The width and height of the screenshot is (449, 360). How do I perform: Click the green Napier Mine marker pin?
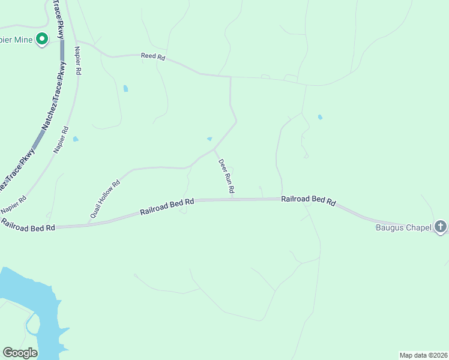(42, 40)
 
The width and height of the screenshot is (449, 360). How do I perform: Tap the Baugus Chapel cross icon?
(441, 227)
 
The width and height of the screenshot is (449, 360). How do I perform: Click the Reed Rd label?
(153, 56)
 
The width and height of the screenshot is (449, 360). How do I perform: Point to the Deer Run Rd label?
(226, 176)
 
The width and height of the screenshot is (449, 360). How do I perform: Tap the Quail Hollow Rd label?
(105, 199)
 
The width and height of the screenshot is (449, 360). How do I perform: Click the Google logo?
(20, 353)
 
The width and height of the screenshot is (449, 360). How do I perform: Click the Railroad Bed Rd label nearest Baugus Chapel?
(309, 200)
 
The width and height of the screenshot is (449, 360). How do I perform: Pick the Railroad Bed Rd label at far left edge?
(28, 225)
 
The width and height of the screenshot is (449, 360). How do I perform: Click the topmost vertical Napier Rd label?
(77, 60)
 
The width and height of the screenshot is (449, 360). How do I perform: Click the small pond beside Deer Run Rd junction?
(209, 139)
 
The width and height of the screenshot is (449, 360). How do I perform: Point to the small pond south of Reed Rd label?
(125, 89)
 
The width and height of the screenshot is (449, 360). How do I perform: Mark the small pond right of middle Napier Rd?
(76, 139)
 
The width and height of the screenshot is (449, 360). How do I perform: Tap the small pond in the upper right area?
(320, 117)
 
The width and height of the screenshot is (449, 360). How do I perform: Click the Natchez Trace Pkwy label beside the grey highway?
(53, 102)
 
